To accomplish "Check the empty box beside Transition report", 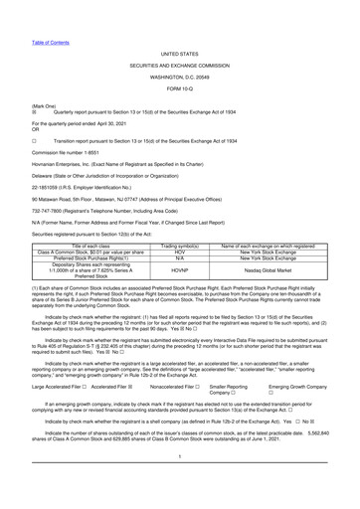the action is [x=8, y=114].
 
